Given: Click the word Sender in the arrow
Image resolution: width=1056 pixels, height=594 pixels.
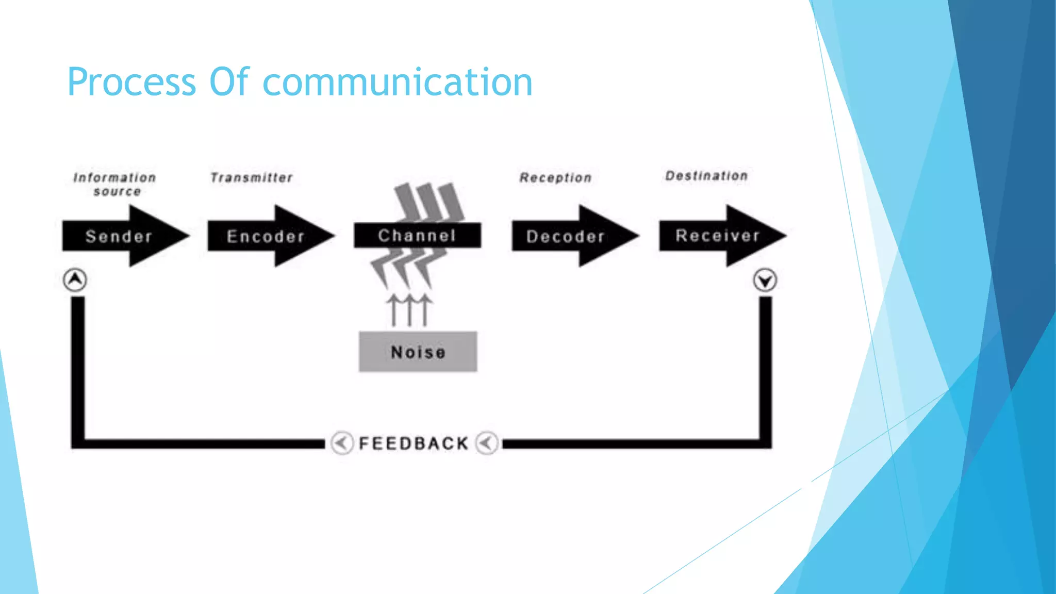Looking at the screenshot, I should tap(119, 236).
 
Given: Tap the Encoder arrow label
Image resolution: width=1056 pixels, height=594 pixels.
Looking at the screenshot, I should tap(266, 236).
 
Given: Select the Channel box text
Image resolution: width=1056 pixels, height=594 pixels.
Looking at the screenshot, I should tap(417, 236).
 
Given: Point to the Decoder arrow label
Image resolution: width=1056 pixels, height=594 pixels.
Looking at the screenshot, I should tap(565, 236).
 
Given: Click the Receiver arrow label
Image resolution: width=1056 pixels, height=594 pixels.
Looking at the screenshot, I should tap(717, 236).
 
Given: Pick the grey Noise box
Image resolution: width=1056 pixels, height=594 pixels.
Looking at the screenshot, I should tap(418, 352).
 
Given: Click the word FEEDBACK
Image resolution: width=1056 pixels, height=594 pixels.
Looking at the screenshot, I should tap(414, 443).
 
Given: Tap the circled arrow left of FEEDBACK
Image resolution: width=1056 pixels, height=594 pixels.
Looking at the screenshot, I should tap(341, 442).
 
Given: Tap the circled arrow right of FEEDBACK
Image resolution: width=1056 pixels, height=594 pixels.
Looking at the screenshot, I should tap(487, 442).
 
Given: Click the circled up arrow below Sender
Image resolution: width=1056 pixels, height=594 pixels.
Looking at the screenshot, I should tap(75, 280).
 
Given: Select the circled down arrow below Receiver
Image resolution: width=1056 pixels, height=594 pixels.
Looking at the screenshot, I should tap(765, 280).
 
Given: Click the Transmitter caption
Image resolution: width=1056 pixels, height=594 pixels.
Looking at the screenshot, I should tap(251, 178).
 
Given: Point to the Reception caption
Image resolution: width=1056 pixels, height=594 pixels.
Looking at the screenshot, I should tap(555, 178).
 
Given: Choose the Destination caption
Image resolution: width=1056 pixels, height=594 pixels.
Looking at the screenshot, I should tap(706, 176).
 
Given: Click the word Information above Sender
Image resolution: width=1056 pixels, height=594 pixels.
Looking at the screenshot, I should tap(114, 178).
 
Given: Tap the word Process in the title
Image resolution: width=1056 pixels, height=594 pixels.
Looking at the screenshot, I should tap(131, 82).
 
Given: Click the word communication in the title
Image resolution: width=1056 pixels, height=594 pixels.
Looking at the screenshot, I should tap(397, 82).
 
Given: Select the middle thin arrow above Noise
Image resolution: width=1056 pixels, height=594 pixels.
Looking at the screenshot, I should tap(409, 310).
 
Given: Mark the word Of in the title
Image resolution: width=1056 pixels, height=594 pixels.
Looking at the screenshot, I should tap(229, 82).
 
